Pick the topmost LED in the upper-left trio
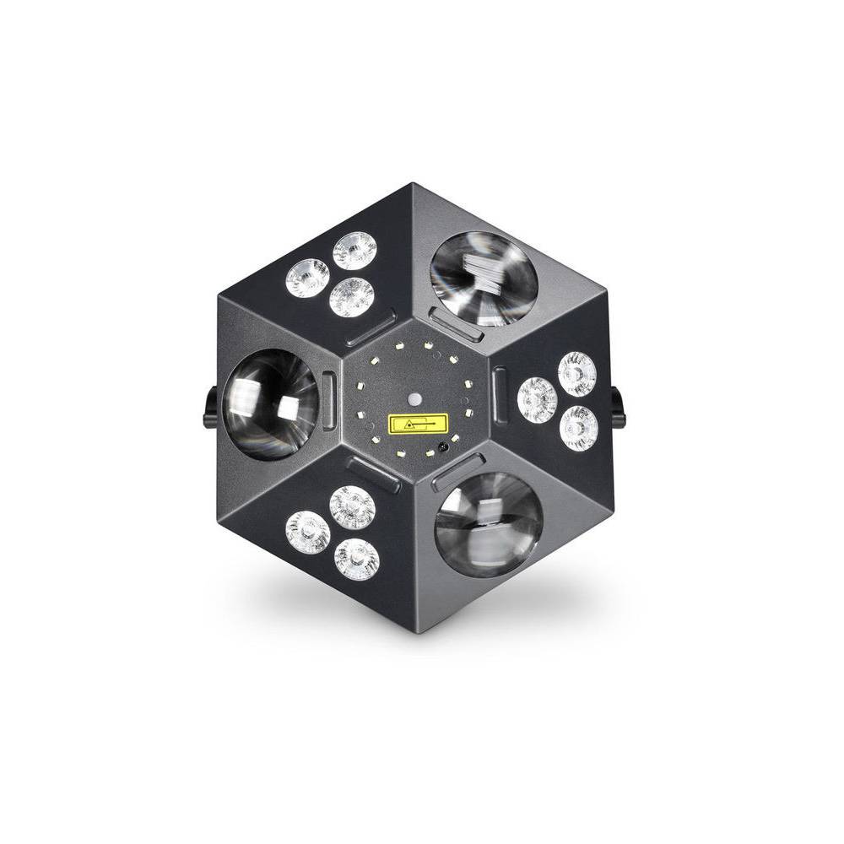point(354,251)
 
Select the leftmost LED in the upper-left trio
point(307,278)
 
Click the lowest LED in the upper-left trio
point(351,297)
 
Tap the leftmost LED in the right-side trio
point(537,400)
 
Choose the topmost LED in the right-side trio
point(577,374)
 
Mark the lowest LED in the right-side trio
point(578,426)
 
